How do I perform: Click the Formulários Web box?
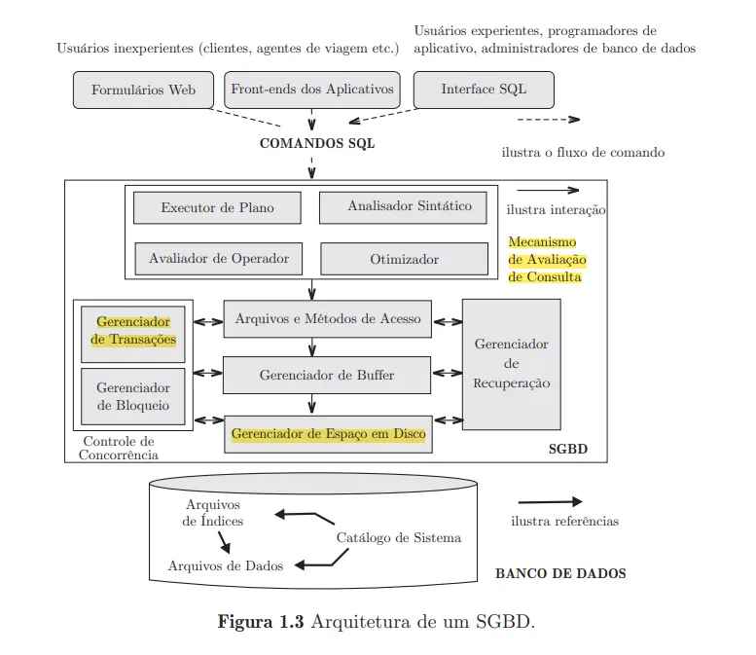tap(143, 90)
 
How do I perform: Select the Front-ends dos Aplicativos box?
tap(312, 90)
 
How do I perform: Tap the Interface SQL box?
tap(484, 90)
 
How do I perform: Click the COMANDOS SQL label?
tap(316, 143)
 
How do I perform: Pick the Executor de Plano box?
tap(217, 207)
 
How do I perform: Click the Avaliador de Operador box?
tap(219, 259)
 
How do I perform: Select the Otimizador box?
tap(404, 259)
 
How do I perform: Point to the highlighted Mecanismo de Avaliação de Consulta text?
tap(545, 259)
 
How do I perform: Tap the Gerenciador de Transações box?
tap(133, 331)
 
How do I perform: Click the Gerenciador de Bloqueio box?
tap(133, 397)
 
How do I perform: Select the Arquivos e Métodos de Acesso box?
tap(328, 319)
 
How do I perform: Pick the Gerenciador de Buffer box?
tap(327, 375)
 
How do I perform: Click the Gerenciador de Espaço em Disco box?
tap(328, 434)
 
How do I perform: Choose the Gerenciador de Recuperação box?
tap(511, 363)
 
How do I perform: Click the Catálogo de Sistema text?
tap(398, 537)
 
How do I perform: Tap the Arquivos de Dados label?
tap(226, 565)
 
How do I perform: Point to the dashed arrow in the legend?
tap(548, 120)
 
